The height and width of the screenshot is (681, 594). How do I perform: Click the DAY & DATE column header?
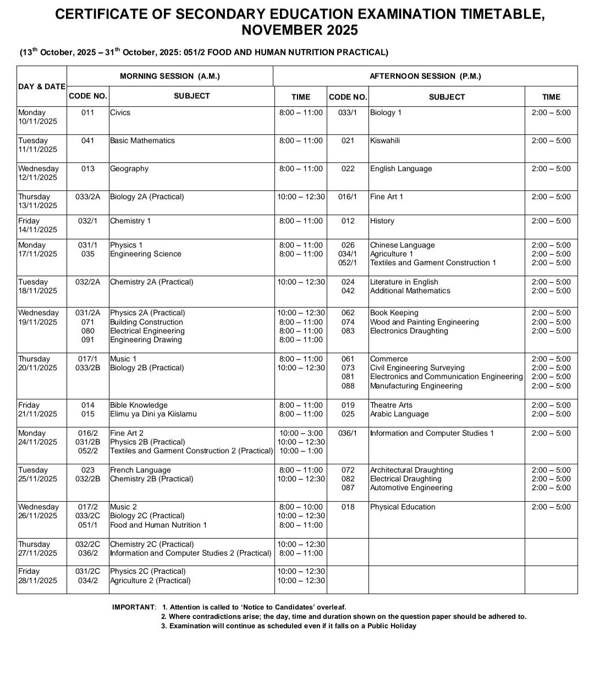(x=42, y=86)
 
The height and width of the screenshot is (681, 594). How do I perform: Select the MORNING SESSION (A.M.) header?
(x=170, y=76)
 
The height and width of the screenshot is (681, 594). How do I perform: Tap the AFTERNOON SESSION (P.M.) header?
(x=425, y=76)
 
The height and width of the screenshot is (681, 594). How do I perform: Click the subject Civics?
(x=120, y=112)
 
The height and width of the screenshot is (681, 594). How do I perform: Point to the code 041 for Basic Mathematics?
(x=88, y=140)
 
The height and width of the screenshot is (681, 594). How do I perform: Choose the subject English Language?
(x=401, y=168)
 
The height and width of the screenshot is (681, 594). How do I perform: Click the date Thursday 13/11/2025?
(x=37, y=201)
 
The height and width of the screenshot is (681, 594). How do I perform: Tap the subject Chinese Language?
(x=402, y=245)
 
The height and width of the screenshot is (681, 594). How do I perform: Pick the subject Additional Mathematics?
(x=410, y=290)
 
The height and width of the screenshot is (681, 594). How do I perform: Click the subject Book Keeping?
(x=394, y=312)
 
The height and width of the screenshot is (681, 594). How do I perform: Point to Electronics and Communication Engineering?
(x=446, y=376)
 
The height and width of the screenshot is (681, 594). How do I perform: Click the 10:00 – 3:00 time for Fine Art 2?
(x=301, y=433)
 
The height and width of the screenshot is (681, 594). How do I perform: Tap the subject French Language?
(x=140, y=470)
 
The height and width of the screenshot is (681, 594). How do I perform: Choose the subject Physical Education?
(x=403, y=507)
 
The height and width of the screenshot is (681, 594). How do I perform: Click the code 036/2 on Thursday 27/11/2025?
(x=88, y=553)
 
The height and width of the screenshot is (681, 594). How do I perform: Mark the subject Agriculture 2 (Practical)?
(x=150, y=580)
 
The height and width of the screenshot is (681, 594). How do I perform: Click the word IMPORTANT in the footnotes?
(x=134, y=607)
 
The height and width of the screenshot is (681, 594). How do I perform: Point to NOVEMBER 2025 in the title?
(x=300, y=30)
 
